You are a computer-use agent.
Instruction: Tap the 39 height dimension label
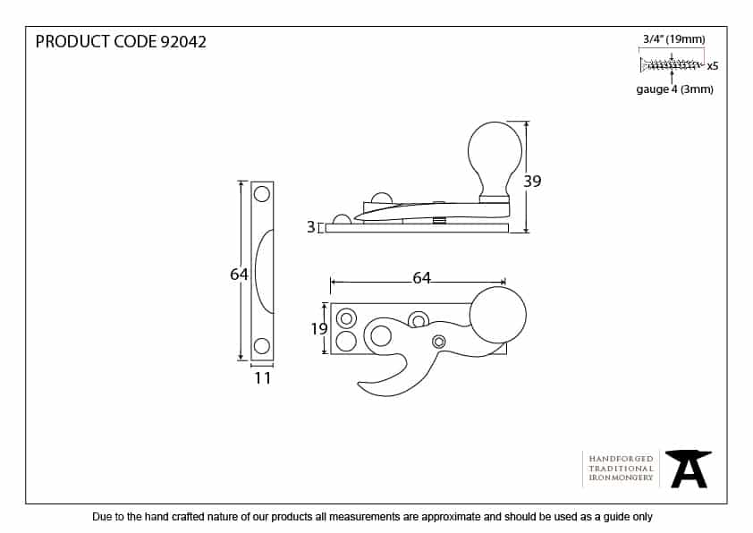point(532,182)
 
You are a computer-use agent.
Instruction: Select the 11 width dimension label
point(262,378)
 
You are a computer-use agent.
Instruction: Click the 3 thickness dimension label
point(310,228)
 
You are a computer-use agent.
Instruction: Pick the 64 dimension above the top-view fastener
point(421,278)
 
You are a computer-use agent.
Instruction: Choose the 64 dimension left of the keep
point(239,275)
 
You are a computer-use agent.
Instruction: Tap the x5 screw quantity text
point(713,66)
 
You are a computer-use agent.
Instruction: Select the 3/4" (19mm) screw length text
point(673,38)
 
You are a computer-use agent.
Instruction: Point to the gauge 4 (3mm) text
point(674,89)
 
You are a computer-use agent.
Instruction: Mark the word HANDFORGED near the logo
point(621,459)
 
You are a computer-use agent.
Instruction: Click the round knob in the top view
point(497,316)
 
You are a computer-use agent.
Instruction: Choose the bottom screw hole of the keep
point(261,346)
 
